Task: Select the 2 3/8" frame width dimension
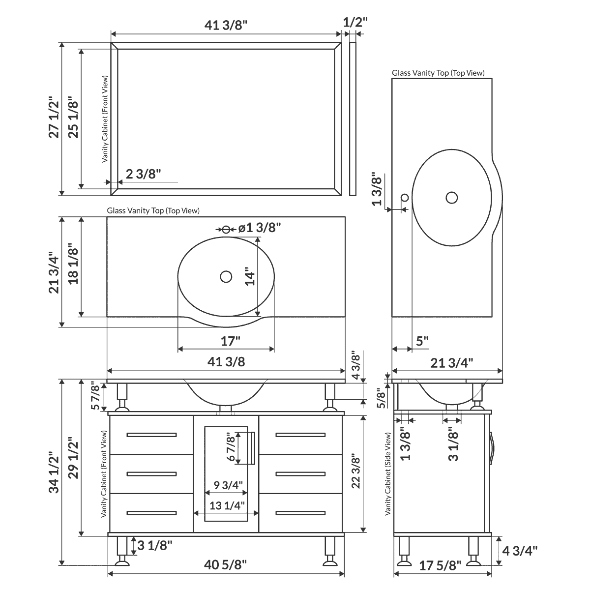click(144, 174)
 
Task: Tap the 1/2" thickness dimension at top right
click(355, 22)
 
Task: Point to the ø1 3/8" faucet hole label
click(259, 228)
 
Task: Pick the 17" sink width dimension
click(230, 340)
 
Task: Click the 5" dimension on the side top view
click(422, 341)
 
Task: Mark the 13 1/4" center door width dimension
click(227, 505)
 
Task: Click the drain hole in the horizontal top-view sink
click(226, 277)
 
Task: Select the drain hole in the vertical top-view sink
click(452, 198)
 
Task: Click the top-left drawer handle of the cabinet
click(151, 435)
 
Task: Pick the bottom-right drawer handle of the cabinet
click(300, 513)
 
